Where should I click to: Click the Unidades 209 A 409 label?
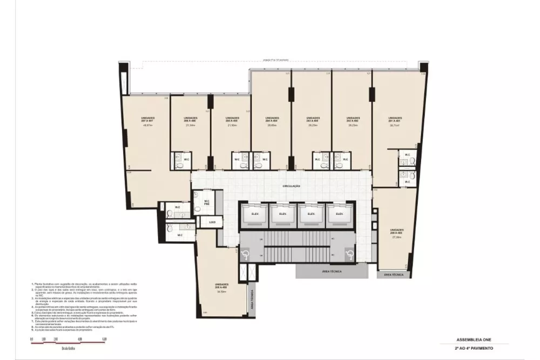coord(396,232)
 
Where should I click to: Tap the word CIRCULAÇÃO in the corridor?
coord(291,186)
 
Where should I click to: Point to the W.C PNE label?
coord(206,202)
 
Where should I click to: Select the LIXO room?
coord(212,222)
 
